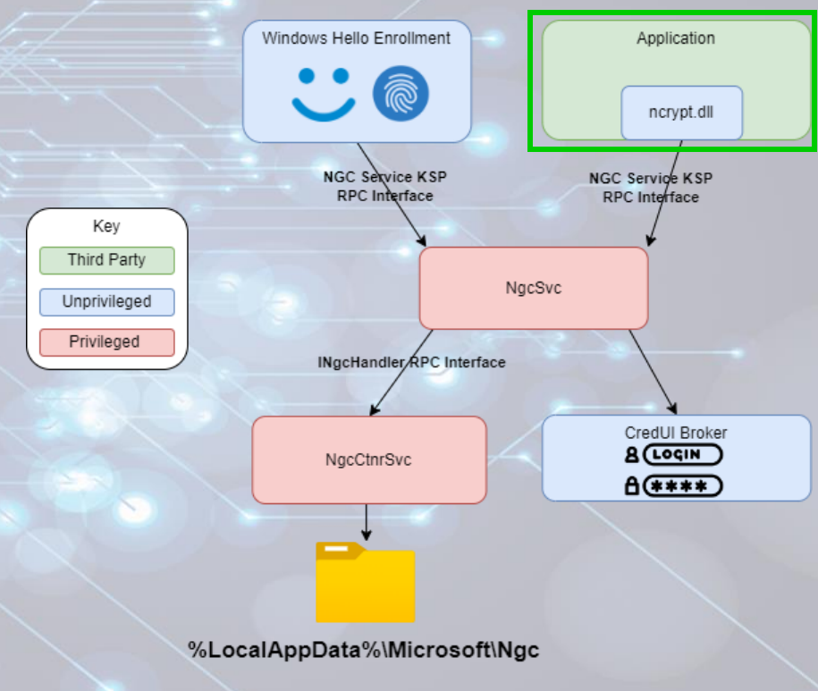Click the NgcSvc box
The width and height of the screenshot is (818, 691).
coord(533,288)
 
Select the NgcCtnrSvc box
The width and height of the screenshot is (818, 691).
coord(368,459)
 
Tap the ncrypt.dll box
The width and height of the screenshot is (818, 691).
coord(681,113)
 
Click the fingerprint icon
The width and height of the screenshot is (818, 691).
coord(401,93)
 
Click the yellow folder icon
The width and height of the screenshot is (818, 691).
coord(365,582)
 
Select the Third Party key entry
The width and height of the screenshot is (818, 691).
coord(106,260)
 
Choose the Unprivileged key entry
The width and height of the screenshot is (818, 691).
coord(106,301)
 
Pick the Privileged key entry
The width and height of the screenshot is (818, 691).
coord(106,341)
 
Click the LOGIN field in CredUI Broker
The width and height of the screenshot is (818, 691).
coord(681,455)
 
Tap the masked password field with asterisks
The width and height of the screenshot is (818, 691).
coord(681,486)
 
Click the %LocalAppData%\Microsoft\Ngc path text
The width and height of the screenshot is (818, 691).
coord(364,650)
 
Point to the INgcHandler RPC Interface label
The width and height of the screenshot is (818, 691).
coord(411,362)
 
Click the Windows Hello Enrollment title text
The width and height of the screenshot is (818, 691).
coord(356,38)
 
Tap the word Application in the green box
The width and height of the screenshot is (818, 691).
coord(675,38)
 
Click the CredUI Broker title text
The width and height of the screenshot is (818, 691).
coord(675,433)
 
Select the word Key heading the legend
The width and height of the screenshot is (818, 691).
coord(106,226)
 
